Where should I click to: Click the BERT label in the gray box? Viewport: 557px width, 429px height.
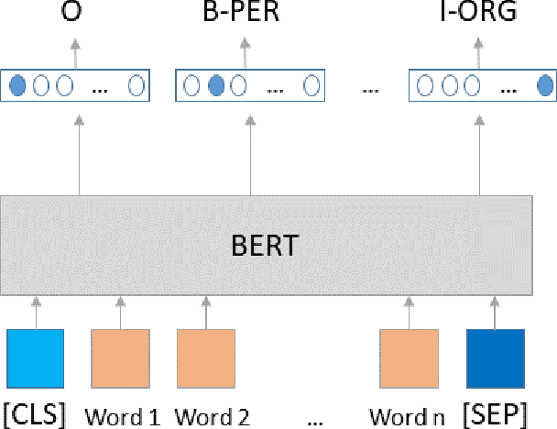[267, 247]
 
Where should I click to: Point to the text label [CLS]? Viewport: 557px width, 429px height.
[36, 413]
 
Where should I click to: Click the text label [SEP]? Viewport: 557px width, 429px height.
[497, 413]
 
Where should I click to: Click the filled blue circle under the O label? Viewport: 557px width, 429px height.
[17, 86]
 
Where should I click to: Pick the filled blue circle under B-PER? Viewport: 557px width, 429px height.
[217, 86]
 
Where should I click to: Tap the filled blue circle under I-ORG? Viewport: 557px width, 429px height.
[544, 86]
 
